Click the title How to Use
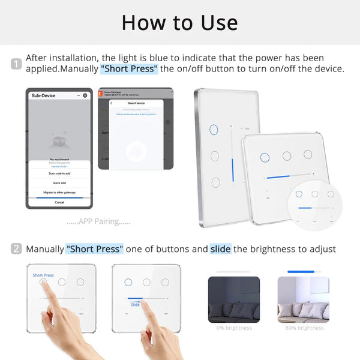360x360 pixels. click(180, 22)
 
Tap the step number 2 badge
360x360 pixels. click(16, 248)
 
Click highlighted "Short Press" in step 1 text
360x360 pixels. click(129, 68)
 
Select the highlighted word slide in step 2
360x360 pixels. click(220, 248)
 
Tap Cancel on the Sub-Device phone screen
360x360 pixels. click(59, 202)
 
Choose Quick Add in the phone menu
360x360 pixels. click(59, 183)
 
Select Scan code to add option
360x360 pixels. click(59, 173)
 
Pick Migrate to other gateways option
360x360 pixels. click(59, 193)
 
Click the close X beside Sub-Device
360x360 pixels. click(85, 95)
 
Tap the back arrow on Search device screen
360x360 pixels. click(112, 103)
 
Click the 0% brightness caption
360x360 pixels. click(233, 328)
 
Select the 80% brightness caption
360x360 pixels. click(302, 328)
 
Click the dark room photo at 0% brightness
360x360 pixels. click(233, 299)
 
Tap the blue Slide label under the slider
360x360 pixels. click(135, 305)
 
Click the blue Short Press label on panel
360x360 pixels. click(43, 275)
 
